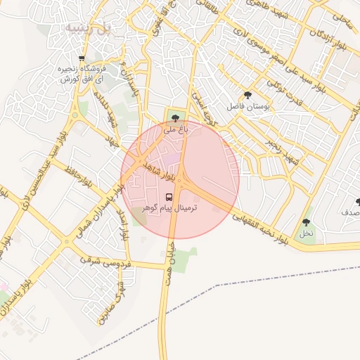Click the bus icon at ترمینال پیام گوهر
(169, 197)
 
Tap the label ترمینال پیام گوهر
(170, 209)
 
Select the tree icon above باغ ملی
(175, 118)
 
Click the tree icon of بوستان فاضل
(247, 95)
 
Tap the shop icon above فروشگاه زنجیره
(82, 58)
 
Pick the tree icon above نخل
(305, 222)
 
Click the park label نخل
(305, 233)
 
